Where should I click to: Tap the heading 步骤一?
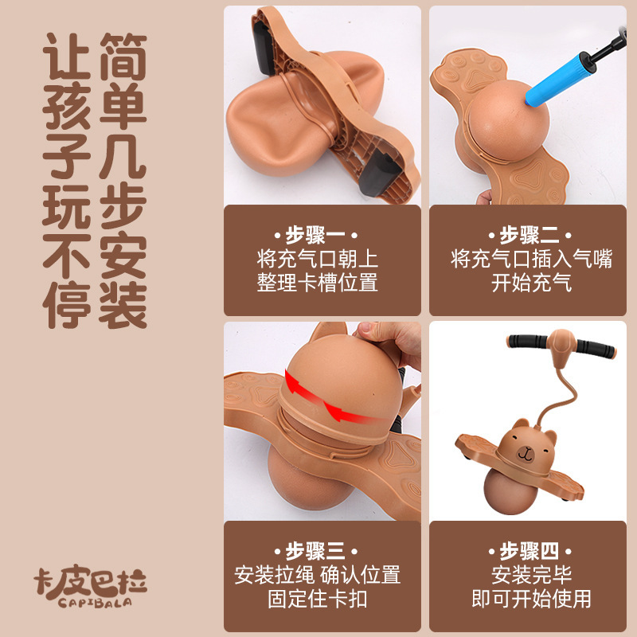(315, 235)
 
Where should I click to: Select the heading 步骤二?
(530, 235)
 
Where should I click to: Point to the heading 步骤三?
(315, 551)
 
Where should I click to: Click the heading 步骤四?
(530, 551)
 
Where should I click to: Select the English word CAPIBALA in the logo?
(95, 603)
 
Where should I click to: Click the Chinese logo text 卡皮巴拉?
(90, 581)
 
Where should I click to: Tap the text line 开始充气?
(531, 283)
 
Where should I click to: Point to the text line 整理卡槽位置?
(317, 283)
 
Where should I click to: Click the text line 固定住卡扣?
(317, 599)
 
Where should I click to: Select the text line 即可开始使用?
(531, 599)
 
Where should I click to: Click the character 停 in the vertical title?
(66, 305)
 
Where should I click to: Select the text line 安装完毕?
(531, 575)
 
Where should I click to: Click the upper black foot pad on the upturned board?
(265, 48)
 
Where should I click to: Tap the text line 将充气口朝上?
(317, 259)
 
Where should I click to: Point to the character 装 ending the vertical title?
(123, 305)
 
